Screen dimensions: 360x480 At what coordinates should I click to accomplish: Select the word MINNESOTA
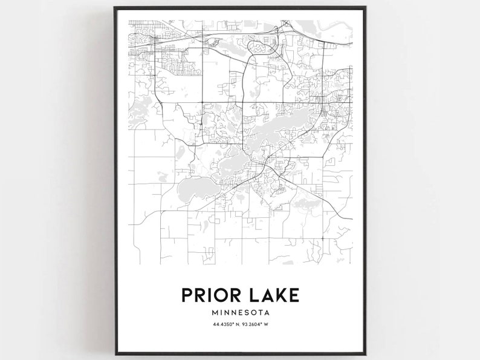click(240, 313)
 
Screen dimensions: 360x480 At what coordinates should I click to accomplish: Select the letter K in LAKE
click(279, 295)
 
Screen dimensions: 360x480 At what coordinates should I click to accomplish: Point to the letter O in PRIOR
click(219, 295)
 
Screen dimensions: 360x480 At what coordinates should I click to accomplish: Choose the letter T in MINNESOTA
click(261, 313)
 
